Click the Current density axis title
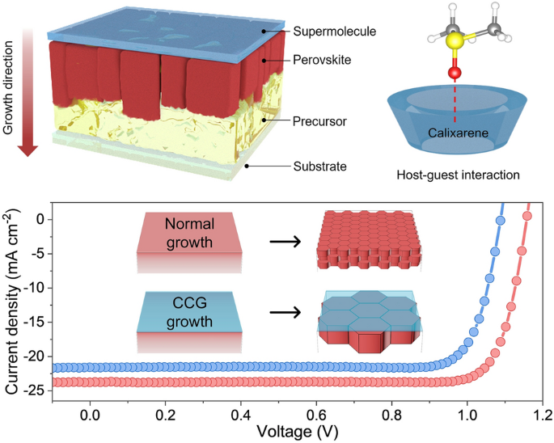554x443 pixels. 14,299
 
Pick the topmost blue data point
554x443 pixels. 500,220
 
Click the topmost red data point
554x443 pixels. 527,216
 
